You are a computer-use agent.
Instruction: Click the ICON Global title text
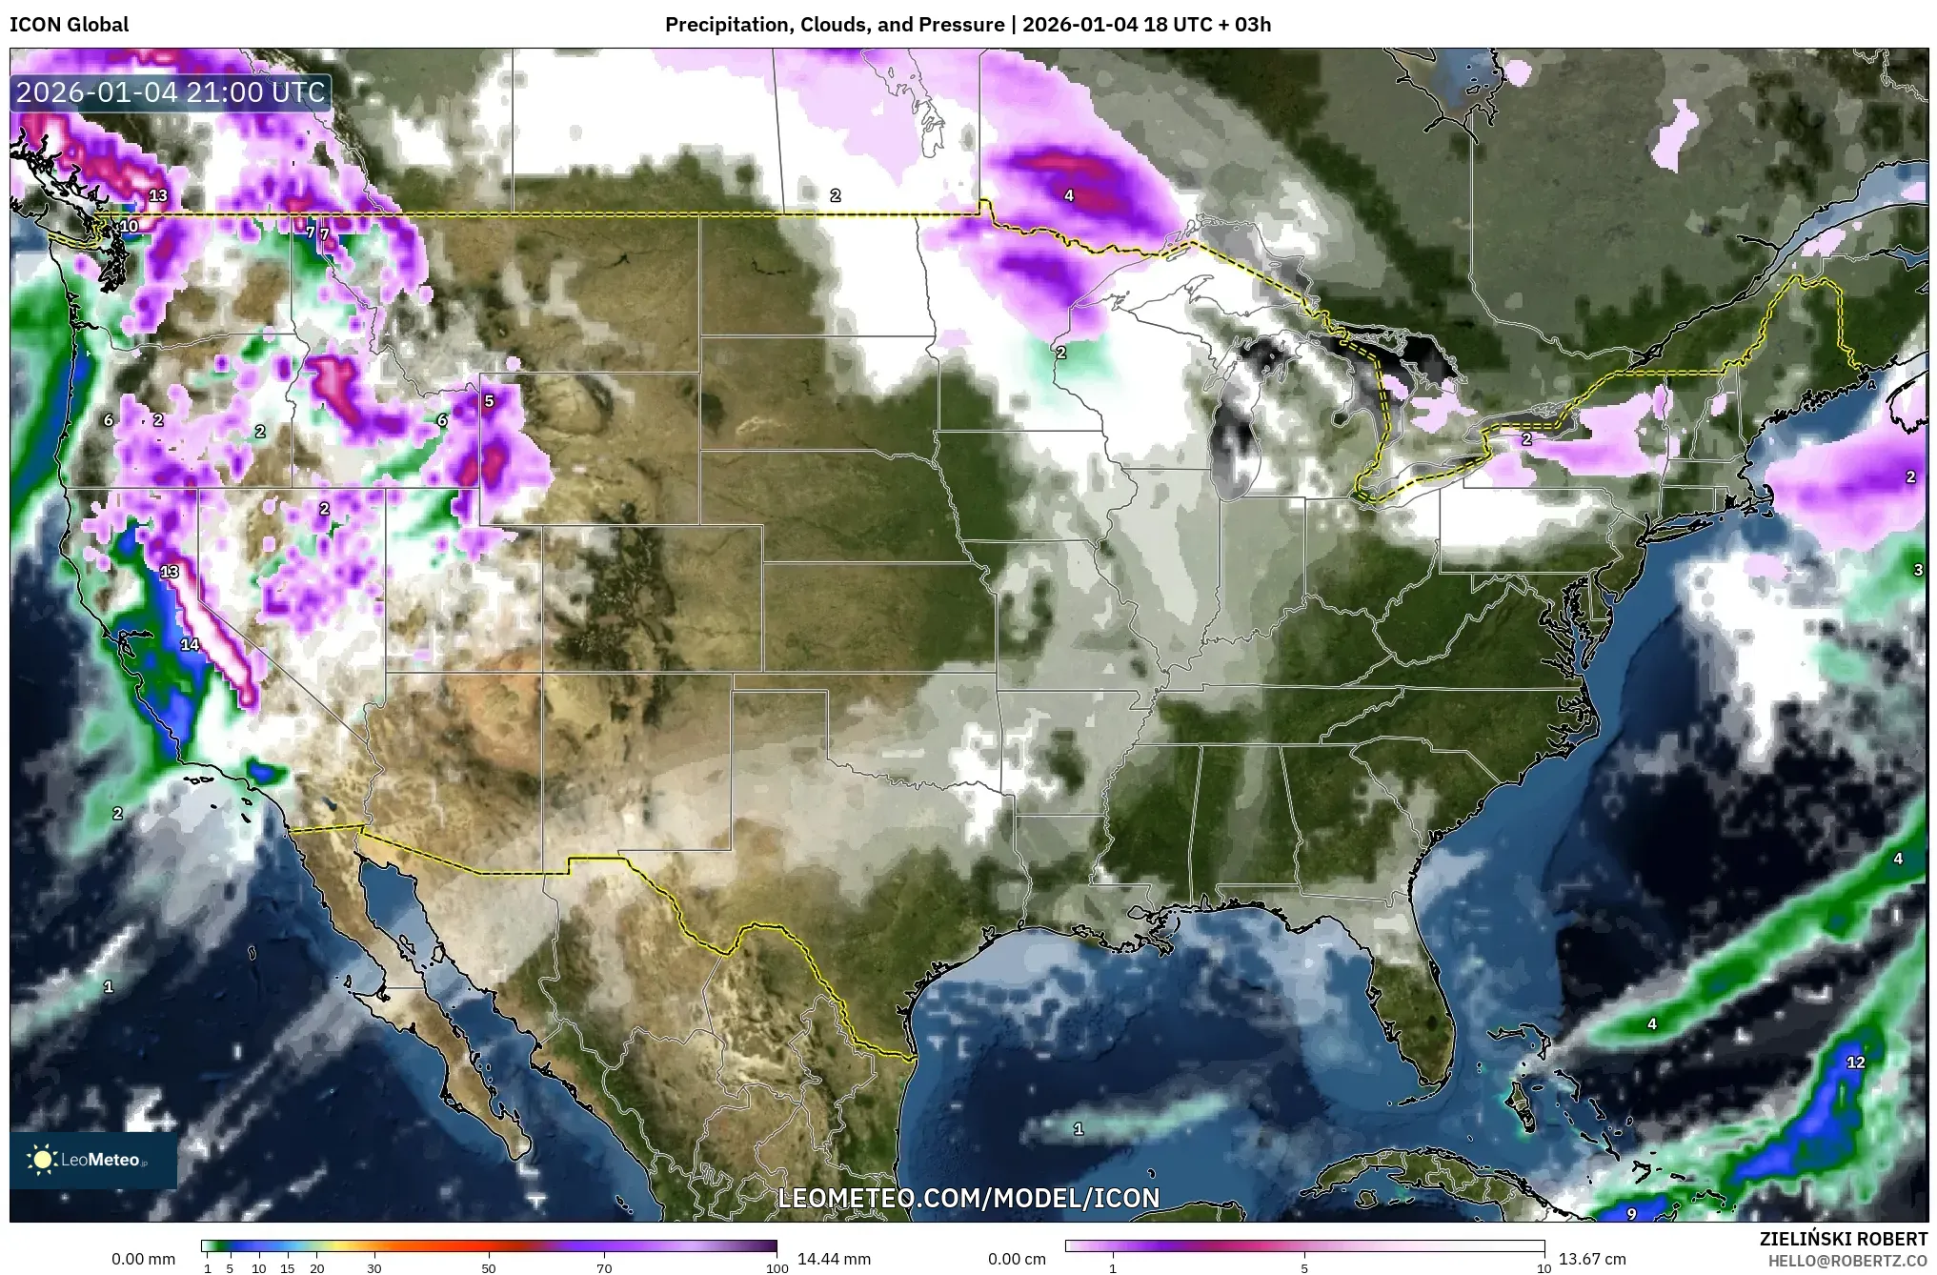69,25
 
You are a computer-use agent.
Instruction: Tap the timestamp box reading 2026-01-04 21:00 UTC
172,92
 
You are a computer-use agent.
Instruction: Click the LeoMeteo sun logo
42,1160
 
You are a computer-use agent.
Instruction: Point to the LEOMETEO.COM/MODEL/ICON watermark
969,1198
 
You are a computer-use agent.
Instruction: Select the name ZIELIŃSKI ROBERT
1843,1239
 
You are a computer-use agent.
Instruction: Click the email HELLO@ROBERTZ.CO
1847,1260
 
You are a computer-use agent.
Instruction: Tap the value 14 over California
190,645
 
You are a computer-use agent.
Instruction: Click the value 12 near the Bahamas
1855,1062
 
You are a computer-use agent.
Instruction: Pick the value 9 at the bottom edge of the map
1631,1214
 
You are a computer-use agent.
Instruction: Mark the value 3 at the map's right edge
1918,571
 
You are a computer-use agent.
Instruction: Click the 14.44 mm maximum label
833,1259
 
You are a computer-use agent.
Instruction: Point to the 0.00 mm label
144,1259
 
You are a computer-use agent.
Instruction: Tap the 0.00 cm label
1017,1259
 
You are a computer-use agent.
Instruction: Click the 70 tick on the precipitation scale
604,1268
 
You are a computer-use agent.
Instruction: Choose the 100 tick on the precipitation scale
777,1268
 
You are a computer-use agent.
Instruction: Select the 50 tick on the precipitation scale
489,1268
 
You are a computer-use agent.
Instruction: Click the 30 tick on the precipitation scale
374,1268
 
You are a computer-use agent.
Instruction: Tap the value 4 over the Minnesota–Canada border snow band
1069,196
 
